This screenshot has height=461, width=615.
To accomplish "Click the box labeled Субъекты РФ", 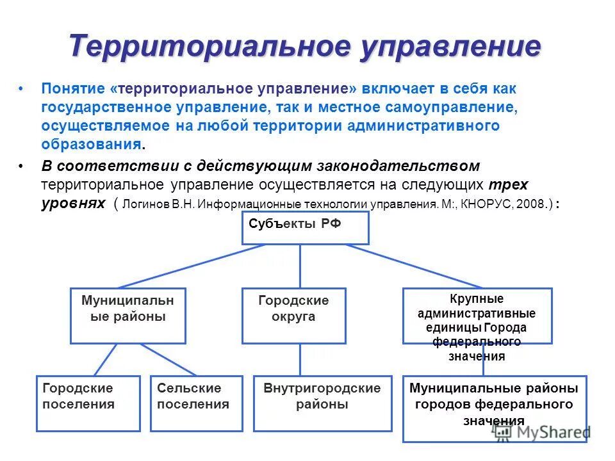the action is (305, 228).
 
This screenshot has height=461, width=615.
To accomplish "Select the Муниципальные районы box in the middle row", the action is (127, 315).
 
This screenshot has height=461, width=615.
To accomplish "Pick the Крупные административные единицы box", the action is (477, 315).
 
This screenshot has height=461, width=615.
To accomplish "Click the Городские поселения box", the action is (88, 403).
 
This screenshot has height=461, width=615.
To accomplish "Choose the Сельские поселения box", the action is (196, 403).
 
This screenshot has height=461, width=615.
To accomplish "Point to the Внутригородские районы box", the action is (322, 403).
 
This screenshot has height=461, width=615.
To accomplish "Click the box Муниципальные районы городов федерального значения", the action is (494, 408).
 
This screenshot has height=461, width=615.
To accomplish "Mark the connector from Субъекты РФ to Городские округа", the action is (300, 266).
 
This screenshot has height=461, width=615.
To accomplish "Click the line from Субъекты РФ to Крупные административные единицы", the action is (413, 266).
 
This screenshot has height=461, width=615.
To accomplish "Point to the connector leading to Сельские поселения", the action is (168, 359).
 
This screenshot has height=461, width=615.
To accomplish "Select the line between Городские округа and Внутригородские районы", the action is (300, 359).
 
